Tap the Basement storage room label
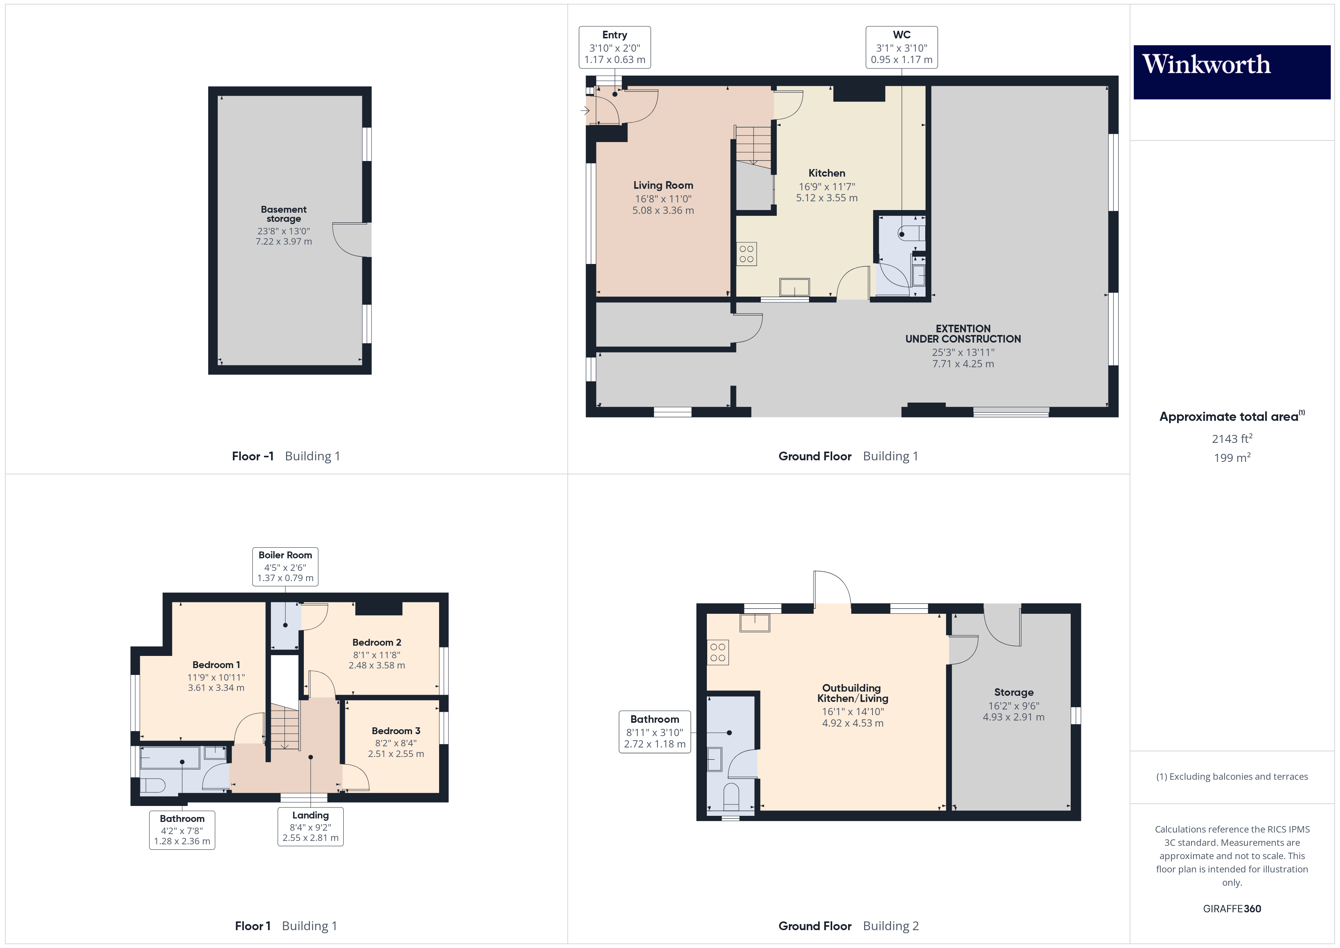click(284, 214)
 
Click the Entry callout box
click(615, 47)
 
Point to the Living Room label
click(663, 185)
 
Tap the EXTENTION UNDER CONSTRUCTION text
click(963, 334)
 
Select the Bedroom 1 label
click(216, 665)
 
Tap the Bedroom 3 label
click(396, 731)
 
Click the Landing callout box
click(310, 826)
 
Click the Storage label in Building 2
click(1014, 692)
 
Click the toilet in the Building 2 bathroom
click(731, 795)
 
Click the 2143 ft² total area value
click(1231, 439)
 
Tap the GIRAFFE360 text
click(1231, 909)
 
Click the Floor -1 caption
click(253, 457)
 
